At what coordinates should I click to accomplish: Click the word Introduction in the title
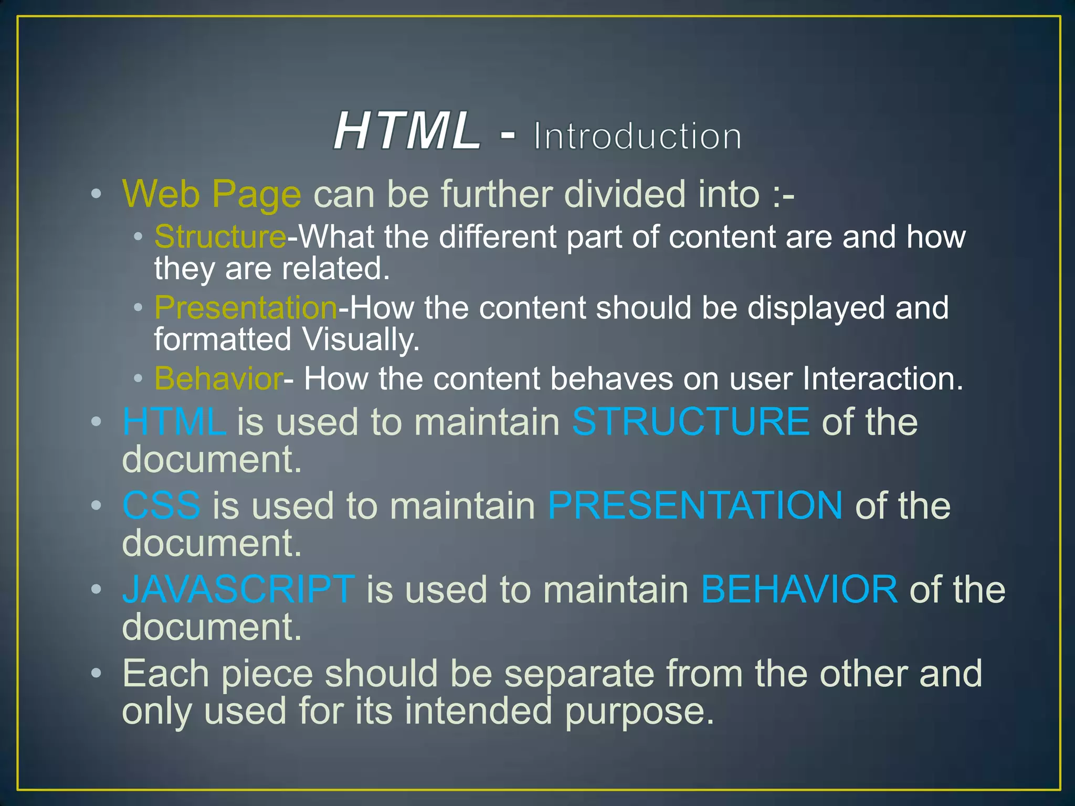click(x=637, y=136)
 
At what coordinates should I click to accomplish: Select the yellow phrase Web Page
click(x=212, y=194)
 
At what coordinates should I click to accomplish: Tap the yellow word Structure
click(x=220, y=237)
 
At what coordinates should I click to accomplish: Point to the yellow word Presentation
click(x=246, y=307)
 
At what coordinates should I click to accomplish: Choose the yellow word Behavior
click(x=219, y=378)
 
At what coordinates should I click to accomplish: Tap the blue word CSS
click(x=161, y=505)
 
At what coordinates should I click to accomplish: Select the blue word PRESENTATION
click(x=695, y=505)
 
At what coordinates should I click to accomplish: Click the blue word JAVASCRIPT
click(x=238, y=589)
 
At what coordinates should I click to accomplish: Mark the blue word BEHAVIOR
click(x=799, y=589)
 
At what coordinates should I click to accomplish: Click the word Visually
click(x=361, y=340)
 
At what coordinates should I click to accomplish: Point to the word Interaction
click(x=883, y=378)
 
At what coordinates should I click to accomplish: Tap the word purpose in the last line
click(x=639, y=712)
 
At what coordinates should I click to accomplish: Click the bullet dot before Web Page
click(x=96, y=194)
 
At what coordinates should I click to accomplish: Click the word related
click(x=335, y=269)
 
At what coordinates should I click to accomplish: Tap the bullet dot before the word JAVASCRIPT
click(x=96, y=589)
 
